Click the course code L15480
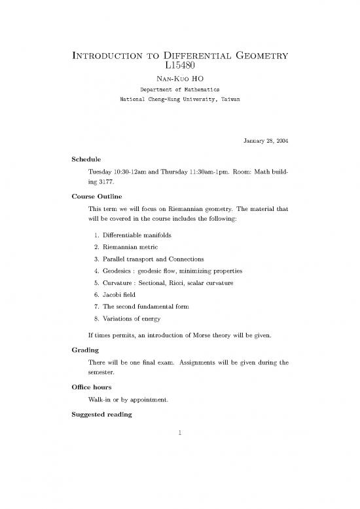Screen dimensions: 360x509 click(179, 65)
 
